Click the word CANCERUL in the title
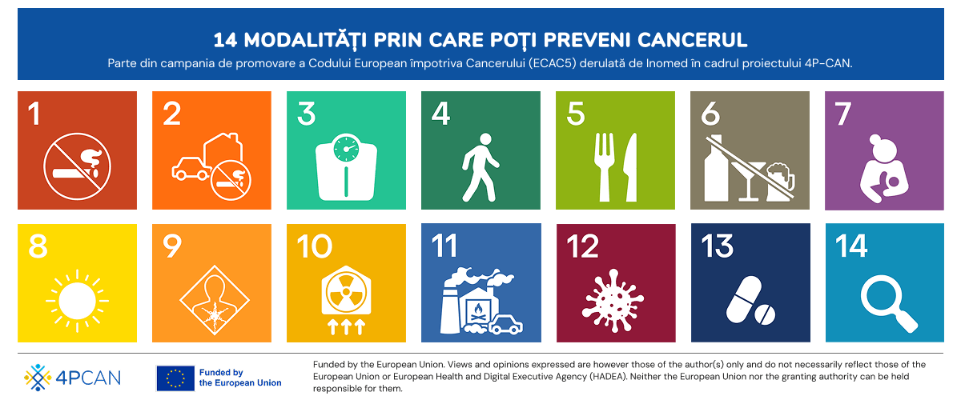coord(692,40)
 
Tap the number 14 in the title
coord(225,40)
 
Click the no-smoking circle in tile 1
coord(77,166)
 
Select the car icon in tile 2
coord(191,168)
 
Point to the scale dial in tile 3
coord(346,147)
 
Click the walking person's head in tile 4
coord(485,139)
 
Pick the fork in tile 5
coord(604,167)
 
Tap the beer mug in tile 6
coord(780,182)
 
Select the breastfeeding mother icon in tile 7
coord(884,169)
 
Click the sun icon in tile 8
coord(77,301)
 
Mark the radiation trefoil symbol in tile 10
coord(346,293)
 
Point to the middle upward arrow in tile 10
coord(346,326)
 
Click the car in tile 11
coord(505,324)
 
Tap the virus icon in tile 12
coord(613,300)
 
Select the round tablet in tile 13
coord(765,315)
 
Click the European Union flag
coord(175,378)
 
